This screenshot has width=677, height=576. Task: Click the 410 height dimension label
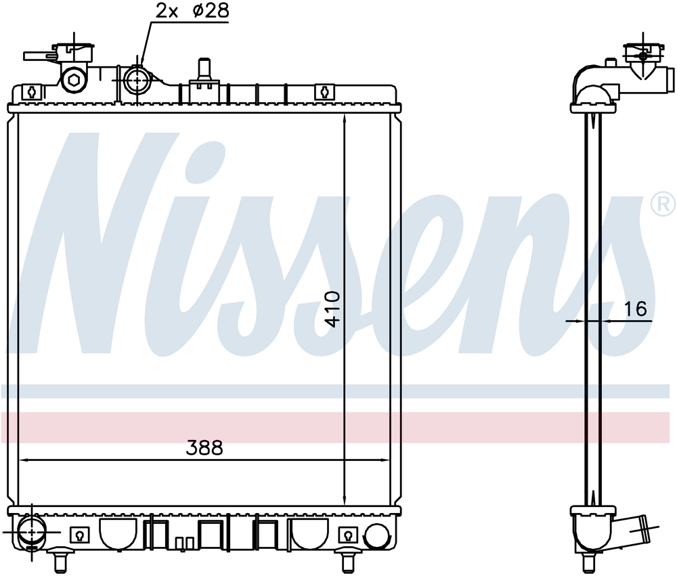coord(332,309)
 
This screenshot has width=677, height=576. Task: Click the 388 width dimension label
coord(204,448)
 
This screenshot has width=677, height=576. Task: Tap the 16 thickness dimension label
coord(636,309)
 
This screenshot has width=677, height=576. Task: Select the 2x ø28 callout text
coord(192,12)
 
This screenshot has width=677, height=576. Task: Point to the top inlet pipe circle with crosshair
coord(137,80)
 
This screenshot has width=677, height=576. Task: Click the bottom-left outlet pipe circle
coord(32,531)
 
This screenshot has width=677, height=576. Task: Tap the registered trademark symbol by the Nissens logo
coord(664,204)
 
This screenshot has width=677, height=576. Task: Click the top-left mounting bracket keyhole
coord(32,91)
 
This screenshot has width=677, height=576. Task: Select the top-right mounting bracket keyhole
coord(325,91)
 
